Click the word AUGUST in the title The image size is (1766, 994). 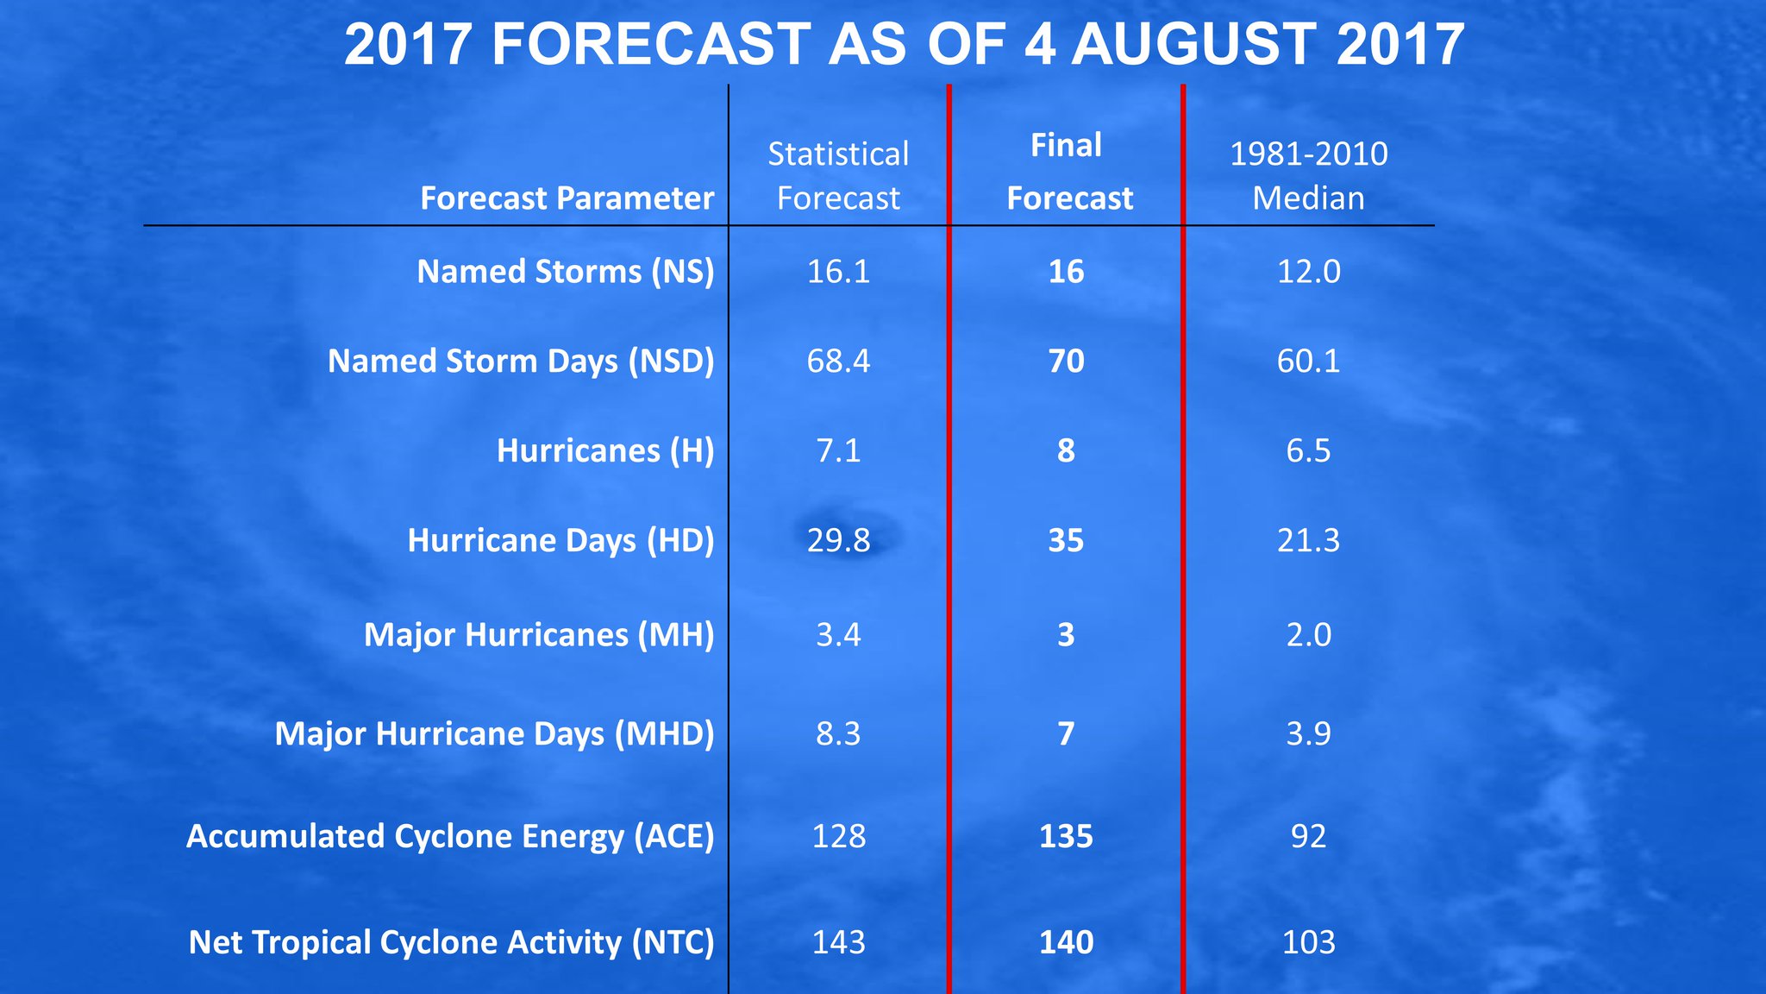pos(1194,45)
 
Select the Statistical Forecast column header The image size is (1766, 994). pos(838,176)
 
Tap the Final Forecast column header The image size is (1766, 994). pos(1068,172)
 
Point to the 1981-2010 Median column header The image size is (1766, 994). pos(1308,176)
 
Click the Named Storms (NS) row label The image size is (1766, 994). pos(566,272)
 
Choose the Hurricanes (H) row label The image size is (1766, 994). pos(605,450)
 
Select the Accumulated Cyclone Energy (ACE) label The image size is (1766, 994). pos(450,836)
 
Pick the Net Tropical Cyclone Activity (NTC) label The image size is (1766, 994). pos(451,942)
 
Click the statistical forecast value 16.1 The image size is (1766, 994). pos(838,272)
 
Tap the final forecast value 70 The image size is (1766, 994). pos(1066,361)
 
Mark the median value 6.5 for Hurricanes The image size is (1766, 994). pos(1308,450)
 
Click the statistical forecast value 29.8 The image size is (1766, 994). pos(838,540)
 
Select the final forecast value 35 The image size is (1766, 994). pos(1066,540)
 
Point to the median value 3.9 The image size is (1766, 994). pos(1308,733)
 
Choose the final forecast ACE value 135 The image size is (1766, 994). pos(1066,836)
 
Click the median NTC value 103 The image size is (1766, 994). pos(1308,942)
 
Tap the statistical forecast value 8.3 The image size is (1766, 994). pos(838,733)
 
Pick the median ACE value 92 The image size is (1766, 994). pos(1308,836)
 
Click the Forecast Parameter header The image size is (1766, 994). pos(567,198)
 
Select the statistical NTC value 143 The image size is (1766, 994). pos(838,942)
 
